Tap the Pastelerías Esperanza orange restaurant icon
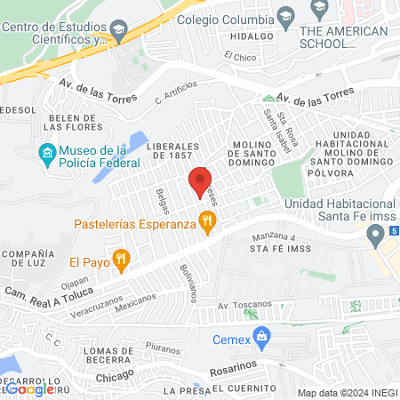(x=207, y=223)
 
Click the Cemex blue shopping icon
(x=261, y=339)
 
